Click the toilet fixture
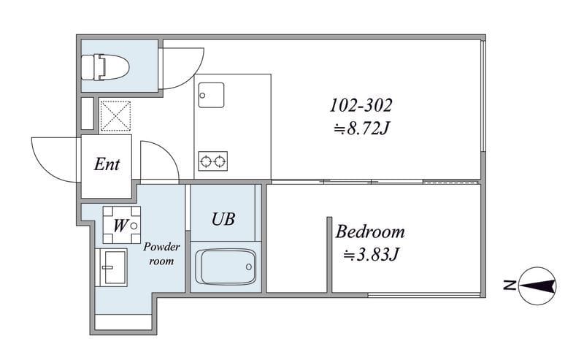point(105,67)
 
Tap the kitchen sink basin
point(211,95)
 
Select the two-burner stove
point(212,161)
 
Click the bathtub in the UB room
point(226,267)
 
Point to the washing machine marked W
point(122,225)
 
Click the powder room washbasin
point(112,267)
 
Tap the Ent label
point(107,164)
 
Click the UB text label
point(223,219)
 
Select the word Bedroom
point(370,231)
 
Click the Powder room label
point(161,253)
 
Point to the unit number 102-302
point(361,105)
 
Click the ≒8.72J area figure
point(361,129)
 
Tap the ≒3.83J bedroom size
point(371,255)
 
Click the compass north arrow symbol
point(537,286)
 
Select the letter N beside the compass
point(510,286)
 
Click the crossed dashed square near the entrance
point(115,116)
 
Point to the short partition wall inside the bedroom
point(329,255)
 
